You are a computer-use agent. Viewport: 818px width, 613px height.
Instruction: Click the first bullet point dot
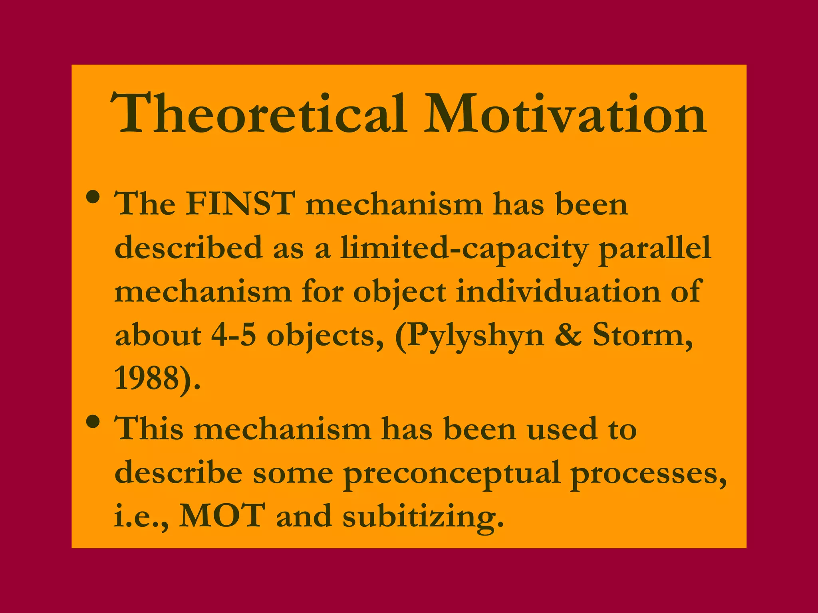tap(93, 197)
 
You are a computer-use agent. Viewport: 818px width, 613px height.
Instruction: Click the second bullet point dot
tap(93, 422)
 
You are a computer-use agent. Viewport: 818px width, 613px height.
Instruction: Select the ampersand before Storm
tap(568, 335)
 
